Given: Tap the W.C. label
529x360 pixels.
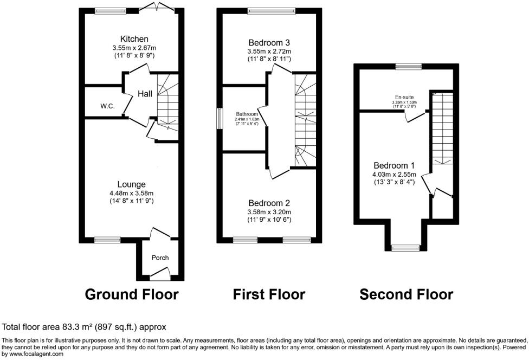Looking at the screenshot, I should coord(107,106).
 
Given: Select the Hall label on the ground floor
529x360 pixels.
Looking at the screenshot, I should coord(145,94).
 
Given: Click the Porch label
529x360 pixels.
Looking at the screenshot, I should coord(160,258).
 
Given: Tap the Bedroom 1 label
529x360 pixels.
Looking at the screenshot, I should coord(393,165).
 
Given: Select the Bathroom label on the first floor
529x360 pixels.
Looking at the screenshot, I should coord(246,114).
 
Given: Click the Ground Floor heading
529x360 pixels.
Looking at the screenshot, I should coord(132,294).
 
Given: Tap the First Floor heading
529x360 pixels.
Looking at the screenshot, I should coord(269,294).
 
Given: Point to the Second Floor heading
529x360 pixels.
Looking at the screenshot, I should coord(406,294).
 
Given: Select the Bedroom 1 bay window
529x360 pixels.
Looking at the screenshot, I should coord(405,248).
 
